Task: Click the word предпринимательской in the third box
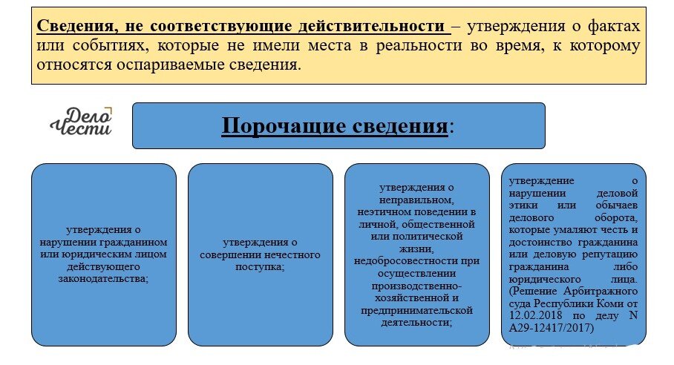point(416,310)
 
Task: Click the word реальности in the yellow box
point(480,46)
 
